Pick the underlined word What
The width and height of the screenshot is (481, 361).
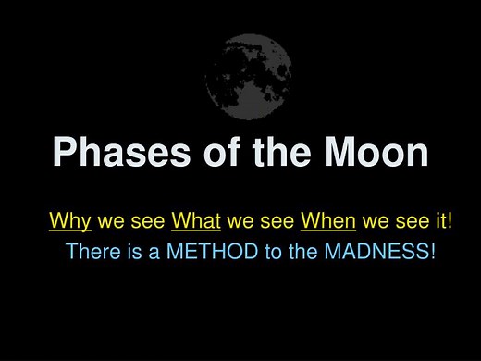[x=195, y=222]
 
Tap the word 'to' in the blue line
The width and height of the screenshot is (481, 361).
[x=269, y=251]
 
